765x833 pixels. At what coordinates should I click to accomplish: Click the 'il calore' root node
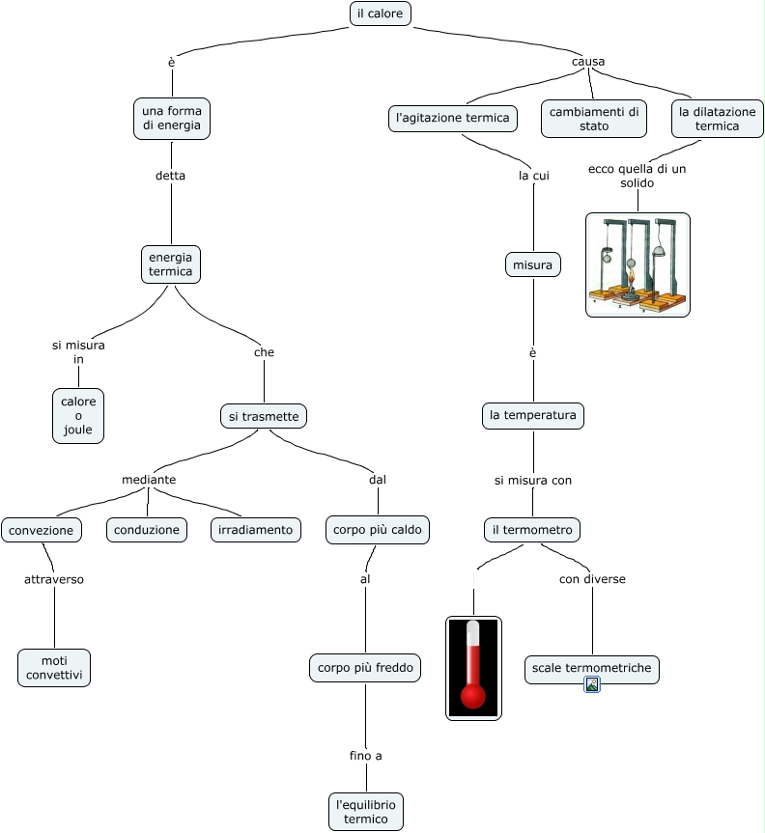coord(381,14)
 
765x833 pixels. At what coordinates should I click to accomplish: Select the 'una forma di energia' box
coord(171,118)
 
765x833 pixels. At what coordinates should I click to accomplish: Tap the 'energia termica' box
coord(171,264)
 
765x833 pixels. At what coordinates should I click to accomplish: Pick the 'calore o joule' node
coord(78,416)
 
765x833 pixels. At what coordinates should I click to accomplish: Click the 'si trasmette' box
coord(264,416)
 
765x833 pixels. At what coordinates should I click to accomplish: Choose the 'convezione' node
coord(42,530)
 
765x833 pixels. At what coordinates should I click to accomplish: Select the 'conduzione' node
coord(147,530)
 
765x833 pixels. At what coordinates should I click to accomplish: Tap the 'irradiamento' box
coord(255,530)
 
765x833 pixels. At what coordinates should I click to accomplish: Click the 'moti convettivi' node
coord(54,667)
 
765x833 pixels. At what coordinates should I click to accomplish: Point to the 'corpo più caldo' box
coord(377,530)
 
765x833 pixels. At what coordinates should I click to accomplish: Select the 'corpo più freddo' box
coord(365,667)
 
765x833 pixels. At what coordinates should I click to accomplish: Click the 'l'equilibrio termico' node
coord(365,812)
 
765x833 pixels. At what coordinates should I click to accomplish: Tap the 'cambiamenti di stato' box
coord(594,118)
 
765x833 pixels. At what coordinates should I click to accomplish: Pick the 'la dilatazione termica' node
coord(717,118)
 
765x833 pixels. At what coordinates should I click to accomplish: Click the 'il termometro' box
coord(532,530)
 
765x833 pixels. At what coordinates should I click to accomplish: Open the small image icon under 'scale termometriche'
coord(593,685)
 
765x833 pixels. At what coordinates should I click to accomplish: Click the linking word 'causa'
coord(588,62)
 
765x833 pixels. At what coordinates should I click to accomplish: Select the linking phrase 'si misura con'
coord(533,480)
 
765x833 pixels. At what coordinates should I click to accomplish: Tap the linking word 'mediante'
coord(149,480)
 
